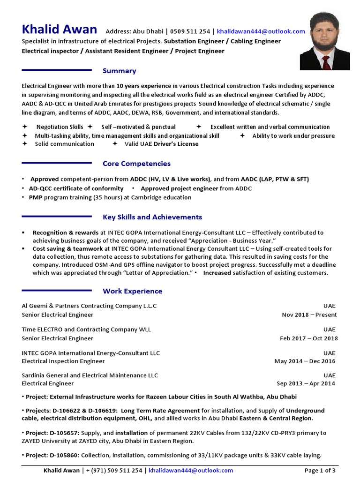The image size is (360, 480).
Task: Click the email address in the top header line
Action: [x=261, y=31]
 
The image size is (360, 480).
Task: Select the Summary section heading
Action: [x=120, y=71]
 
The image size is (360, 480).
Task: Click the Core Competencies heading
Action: [x=136, y=164]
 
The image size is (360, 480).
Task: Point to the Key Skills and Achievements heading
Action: [x=152, y=217]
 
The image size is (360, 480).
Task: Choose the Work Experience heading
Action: [x=132, y=291]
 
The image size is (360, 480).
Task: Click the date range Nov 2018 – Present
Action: [x=309, y=315]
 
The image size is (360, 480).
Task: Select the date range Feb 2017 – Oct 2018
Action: [x=308, y=338]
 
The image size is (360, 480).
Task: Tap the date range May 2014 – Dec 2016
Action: [x=305, y=361]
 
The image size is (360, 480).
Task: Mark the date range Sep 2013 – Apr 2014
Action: [x=306, y=383]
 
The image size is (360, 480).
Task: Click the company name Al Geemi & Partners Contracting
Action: [x=89, y=306]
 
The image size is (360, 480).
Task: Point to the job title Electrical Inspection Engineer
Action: [x=63, y=361]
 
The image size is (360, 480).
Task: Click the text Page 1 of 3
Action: [x=320, y=470]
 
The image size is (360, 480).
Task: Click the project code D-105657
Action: [x=64, y=433]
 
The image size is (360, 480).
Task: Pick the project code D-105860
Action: [x=64, y=455]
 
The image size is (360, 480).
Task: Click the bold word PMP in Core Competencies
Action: [x=36, y=197]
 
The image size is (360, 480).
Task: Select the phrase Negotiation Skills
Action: [x=60, y=127]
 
